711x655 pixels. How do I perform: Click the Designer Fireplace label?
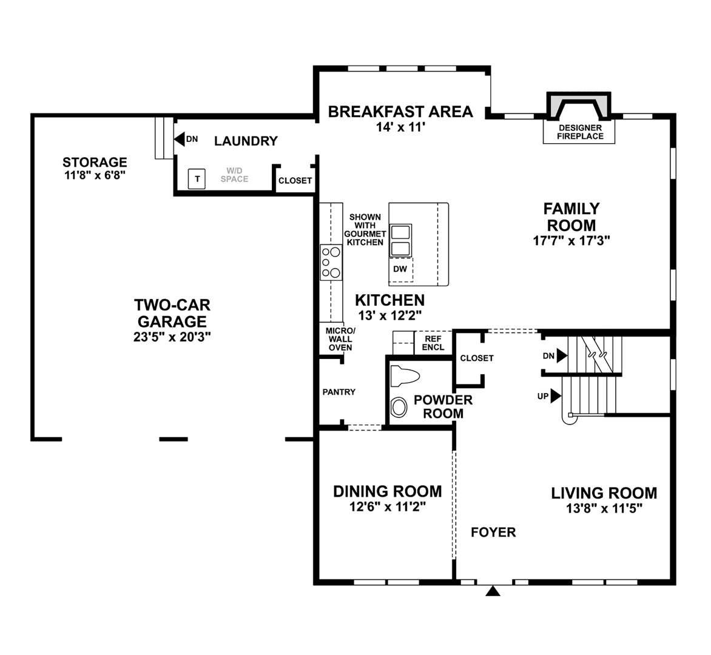(580, 132)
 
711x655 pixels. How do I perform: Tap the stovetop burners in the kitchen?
(331, 262)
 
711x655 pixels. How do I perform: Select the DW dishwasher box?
(400, 269)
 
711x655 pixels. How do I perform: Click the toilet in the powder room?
(404, 376)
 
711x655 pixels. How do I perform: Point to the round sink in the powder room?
(399, 406)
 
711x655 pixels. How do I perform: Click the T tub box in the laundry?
(197, 179)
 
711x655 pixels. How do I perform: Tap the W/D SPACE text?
(234, 175)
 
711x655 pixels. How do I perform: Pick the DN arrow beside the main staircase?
(562, 355)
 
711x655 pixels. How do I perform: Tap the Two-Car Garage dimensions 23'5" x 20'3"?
(172, 337)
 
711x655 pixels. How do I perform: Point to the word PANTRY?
(339, 392)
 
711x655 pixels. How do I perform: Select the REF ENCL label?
(433, 343)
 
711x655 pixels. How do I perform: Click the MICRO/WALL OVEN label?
(340, 339)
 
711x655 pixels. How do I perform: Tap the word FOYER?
(493, 532)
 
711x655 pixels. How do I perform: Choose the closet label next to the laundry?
(295, 181)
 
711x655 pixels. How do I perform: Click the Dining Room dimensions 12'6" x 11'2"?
(387, 507)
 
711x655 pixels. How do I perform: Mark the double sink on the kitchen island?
(400, 240)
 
